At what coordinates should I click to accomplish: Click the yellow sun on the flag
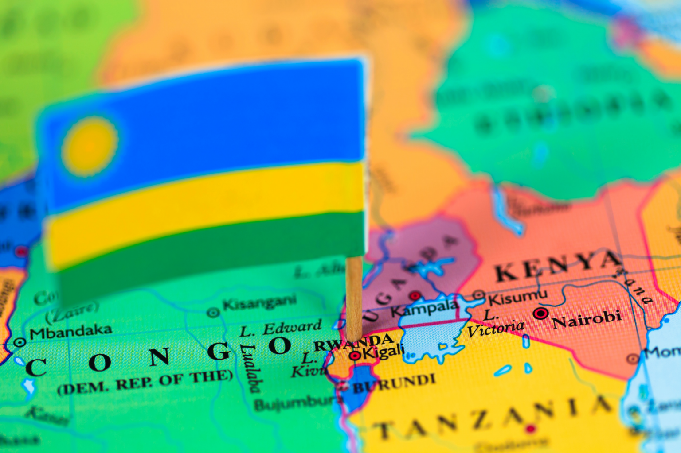tap(90, 146)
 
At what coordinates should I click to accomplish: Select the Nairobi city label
tap(587, 319)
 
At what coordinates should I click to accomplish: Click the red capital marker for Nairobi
tap(540, 314)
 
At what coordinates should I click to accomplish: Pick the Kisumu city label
tap(518, 297)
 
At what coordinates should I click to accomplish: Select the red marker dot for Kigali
tap(355, 355)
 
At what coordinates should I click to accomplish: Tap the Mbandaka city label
tap(70, 331)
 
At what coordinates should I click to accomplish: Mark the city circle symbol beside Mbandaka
tap(20, 342)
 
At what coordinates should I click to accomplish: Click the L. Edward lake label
tap(280, 328)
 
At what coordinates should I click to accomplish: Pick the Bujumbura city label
tap(298, 403)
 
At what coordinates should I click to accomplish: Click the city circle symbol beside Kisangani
tap(213, 313)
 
